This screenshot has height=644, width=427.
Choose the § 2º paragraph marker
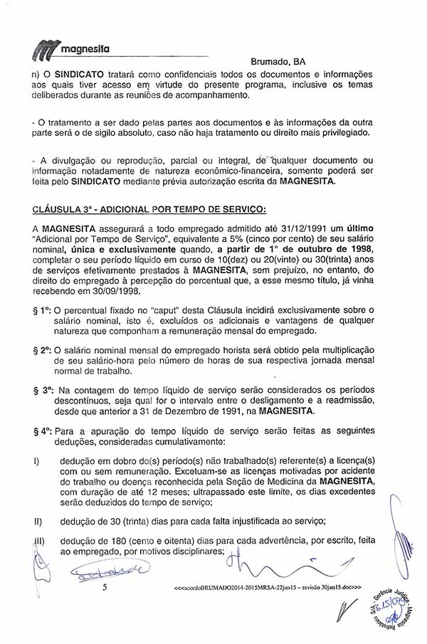pos(41,350)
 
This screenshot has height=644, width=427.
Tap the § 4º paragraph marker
pos(41,431)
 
